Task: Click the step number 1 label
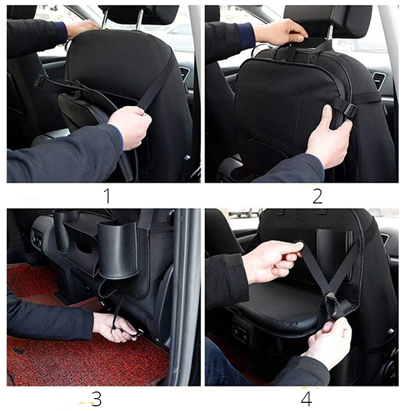[107, 196]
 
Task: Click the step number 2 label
[317, 196]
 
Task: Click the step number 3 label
[96, 399]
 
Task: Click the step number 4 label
[306, 399]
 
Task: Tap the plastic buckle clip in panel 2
[349, 109]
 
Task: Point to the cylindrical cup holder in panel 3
[119, 249]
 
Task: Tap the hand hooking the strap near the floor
[115, 328]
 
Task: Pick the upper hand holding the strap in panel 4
[273, 261]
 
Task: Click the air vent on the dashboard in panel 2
[378, 80]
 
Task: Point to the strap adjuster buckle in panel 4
[331, 304]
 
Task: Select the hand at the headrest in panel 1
[83, 28]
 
